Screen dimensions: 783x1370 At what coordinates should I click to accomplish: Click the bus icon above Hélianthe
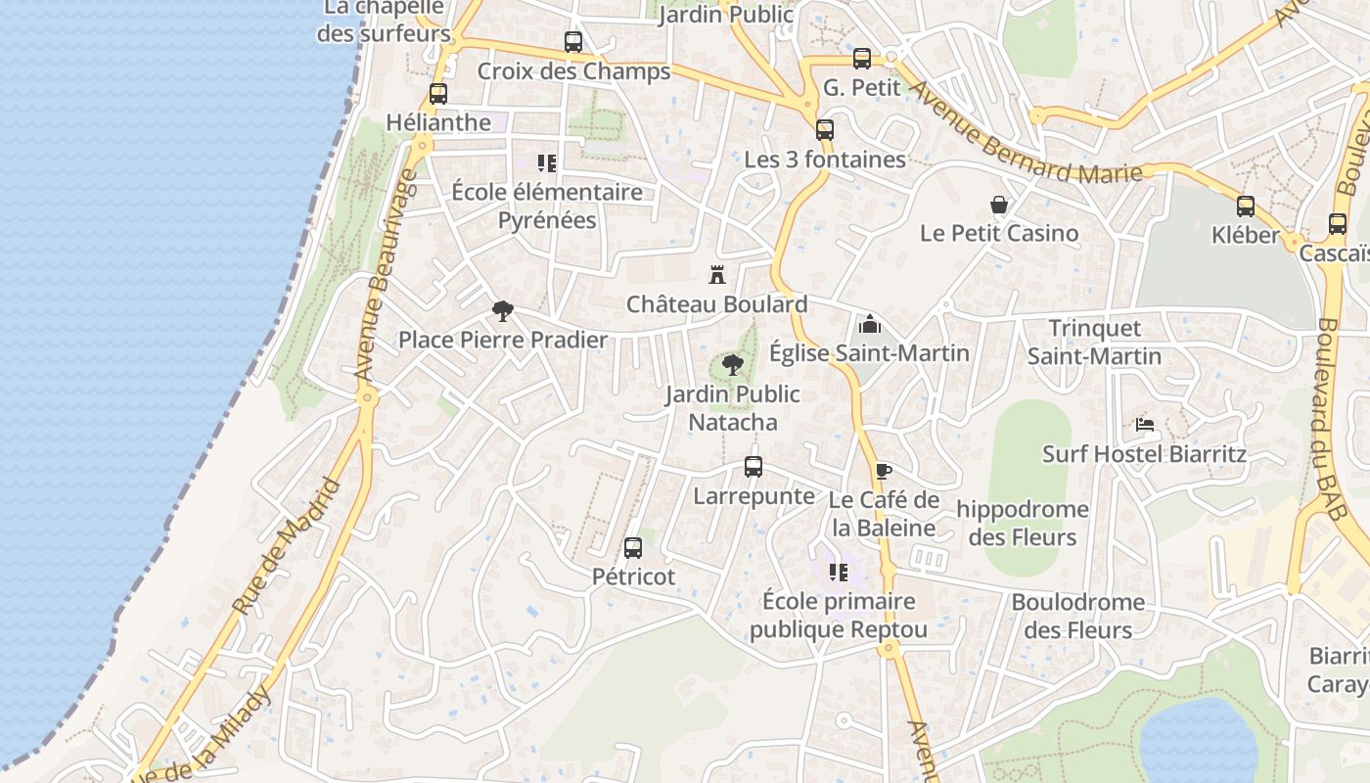pyautogui.click(x=438, y=94)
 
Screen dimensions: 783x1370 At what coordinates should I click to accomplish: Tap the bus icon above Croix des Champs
pyautogui.click(x=573, y=42)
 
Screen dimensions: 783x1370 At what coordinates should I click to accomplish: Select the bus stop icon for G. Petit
pyautogui.click(x=861, y=59)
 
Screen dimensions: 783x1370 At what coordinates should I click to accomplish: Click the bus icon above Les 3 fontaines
pyautogui.click(x=825, y=129)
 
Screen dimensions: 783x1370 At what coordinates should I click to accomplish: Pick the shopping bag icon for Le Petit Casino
pyautogui.click(x=999, y=205)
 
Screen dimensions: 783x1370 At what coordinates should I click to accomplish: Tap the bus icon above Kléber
pyautogui.click(x=1245, y=207)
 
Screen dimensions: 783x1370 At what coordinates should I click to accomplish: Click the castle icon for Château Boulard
pyautogui.click(x=717, y=275)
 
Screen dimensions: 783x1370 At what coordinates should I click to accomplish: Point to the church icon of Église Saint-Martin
pyautogui.click(x=869, y=324)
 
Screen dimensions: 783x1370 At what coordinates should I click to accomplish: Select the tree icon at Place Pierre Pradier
pyautogui.click(x=502, y=311)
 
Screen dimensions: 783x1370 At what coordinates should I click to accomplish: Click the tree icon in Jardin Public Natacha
pyautogui.click(x=732, y=365)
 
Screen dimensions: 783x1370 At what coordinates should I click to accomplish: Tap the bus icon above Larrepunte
pyautogui.click(x=753, y=467)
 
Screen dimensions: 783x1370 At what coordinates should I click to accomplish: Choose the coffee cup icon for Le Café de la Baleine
pyautogui.click(x=883, y=471)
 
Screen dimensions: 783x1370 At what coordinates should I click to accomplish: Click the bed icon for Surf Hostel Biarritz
pyautogui.click(x=1144, y=425)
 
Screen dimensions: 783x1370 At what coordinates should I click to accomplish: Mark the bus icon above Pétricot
pyautogui.click(x=633, y=548)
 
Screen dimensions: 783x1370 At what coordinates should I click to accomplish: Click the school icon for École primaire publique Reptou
pyautogui.click(x=838, y=572)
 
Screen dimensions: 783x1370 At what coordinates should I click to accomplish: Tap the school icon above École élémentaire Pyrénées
pyautogui.click(x=546, y=162)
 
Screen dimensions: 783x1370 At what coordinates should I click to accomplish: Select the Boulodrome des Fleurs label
pyautogui.click(x=1077, y=616)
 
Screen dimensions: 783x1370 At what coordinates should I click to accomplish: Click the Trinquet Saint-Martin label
pyautogui.click(x=1095, y=342)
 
